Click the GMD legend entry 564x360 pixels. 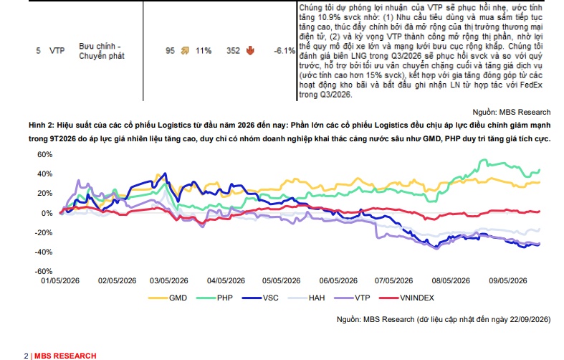168,298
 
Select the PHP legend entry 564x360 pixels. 215,298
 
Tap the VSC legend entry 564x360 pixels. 260,298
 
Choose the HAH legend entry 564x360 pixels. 307,298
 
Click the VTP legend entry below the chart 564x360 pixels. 352,298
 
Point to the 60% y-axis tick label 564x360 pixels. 45,154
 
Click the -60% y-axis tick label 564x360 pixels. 44,271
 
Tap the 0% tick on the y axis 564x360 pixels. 47,213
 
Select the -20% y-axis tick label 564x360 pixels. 44,232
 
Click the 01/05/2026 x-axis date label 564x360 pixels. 60,281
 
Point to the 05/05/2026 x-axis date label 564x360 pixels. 281,281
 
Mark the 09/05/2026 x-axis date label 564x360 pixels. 508,281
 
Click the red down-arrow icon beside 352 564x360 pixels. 250,51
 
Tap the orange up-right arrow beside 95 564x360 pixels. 185,51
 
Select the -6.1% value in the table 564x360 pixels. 285,51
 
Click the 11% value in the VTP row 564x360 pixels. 204,51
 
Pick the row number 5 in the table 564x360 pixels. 38,51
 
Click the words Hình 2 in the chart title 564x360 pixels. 42,125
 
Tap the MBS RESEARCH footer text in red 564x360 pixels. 65,356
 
